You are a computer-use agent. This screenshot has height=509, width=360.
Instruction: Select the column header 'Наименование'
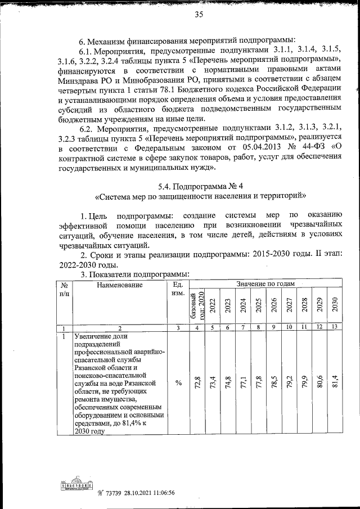[x=119, y=285]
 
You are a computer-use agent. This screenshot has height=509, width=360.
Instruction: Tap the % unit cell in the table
[x=178, y=383]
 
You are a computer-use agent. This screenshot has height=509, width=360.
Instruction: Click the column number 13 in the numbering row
[x=334, y=327]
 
